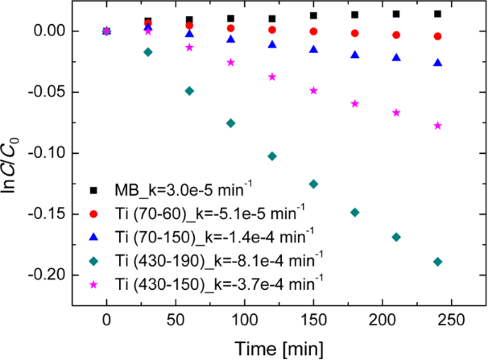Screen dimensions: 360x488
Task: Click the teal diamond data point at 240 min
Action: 437,261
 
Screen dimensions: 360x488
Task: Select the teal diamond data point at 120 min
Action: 272,155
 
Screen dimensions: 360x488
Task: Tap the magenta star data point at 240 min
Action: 437,126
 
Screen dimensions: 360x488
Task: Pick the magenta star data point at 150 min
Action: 313,90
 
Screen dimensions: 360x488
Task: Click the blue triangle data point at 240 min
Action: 437,63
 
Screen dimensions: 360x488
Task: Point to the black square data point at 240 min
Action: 437,14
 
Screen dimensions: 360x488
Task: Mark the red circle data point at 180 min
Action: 355,33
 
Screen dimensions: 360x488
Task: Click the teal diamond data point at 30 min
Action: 148,52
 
